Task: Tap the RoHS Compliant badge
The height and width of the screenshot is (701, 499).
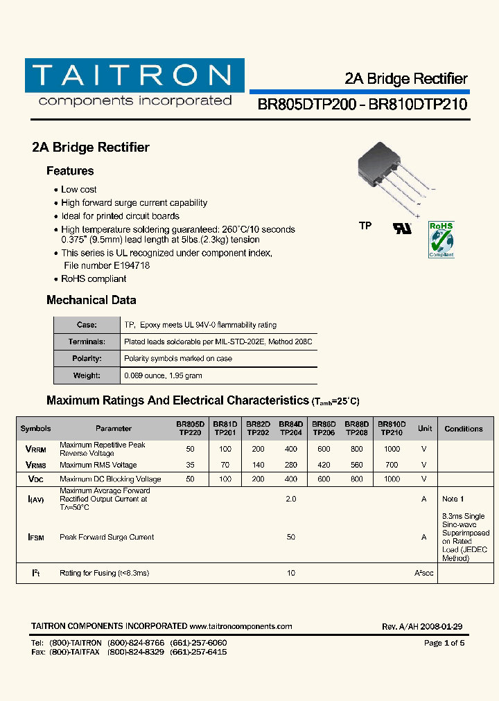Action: (x=441, y=240)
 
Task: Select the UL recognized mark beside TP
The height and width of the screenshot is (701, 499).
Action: (x=402, y=227)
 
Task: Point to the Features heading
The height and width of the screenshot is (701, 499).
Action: (x=70, y=171)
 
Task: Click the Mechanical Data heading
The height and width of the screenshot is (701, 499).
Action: (x=91, y=300)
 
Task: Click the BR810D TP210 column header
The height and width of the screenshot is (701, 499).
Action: (x=392, y=428)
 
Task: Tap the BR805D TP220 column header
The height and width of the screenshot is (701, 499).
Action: (x=189, y=428)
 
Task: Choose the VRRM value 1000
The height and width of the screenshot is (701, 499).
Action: (x=392, y=449)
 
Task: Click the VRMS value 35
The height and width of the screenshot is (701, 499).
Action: (x=190, y=465)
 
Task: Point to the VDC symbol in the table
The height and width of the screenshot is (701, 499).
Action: (x=35, y=479)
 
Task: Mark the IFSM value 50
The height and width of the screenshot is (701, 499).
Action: (x=291, y=537)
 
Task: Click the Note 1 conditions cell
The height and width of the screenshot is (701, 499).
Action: (x=453, y=499)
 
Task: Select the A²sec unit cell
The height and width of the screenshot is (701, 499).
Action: (x=424, y=573)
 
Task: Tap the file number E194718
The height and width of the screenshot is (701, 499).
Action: (x=107, y=265)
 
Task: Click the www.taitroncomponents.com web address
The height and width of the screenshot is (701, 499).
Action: (x=240, y=626)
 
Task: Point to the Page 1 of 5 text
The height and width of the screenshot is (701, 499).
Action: (x=444, y=643)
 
